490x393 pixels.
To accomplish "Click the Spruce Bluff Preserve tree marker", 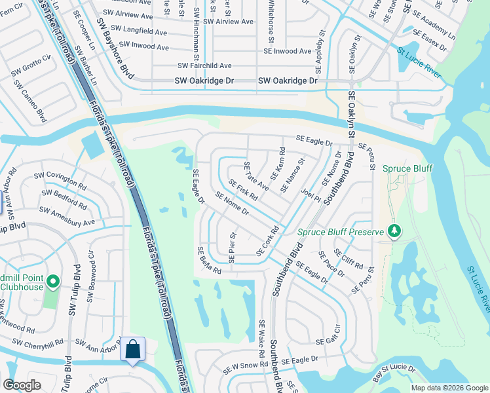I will (x=394, y=231).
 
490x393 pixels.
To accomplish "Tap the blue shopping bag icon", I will (x=132, y=350).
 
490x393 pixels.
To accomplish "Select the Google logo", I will (x=22, y=385).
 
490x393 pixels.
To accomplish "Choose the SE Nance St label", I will (x=292, y=175).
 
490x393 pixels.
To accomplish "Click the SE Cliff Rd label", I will (x=349, y=258).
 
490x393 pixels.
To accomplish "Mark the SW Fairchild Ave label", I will (x=204, y=66).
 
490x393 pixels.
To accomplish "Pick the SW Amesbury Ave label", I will (x=67, y=216).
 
